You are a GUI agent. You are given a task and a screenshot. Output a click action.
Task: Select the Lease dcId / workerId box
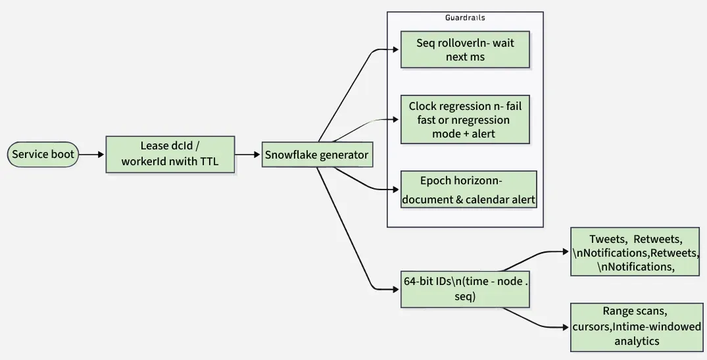click(x=170, y=155)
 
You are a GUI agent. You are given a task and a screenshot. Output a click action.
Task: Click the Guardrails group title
click(x=465, y=18)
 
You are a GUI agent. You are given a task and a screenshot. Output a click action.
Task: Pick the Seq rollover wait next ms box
click(x=465, y=50)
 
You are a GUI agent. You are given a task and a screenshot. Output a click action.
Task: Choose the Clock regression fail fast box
click(x=465, y=120)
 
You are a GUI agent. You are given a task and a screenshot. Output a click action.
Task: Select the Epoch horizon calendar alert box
click(x=469, y=190)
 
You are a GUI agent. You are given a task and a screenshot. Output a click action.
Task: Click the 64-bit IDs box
click(x=465, y=289)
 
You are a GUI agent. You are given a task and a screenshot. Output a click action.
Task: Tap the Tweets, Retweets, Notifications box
click(x=635, y=252)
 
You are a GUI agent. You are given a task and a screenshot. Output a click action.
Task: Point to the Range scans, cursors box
click(x=636, y=326)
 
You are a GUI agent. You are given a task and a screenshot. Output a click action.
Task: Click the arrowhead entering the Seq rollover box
click(x=397, y=50)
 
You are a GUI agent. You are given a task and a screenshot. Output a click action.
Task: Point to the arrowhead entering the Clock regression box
click(x=397, y=120)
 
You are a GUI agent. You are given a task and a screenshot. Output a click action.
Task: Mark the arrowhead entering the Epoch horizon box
click(x=397, y=190)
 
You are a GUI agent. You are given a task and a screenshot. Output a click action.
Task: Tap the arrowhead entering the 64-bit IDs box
click(x=397, y=289)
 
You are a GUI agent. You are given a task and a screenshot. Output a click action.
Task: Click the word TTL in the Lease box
click(x=208, y=162)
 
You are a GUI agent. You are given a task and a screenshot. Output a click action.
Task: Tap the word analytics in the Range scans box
click(x=636, y=341)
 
